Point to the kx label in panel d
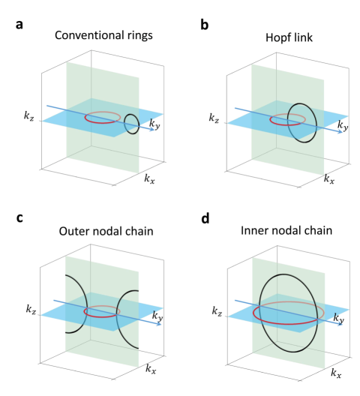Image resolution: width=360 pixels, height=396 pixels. (338, 370)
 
